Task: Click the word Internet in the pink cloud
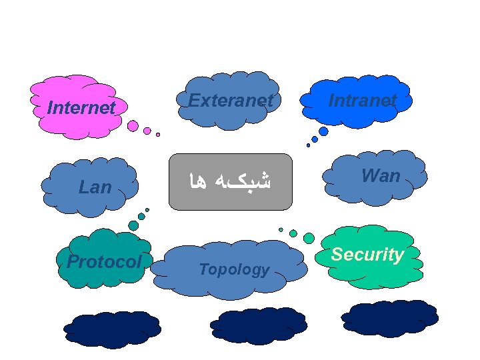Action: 81,107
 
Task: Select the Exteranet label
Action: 231,101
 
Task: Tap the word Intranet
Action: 363,101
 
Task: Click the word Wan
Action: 381,177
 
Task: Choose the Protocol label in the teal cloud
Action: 104,262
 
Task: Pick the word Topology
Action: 234,270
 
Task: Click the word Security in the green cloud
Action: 367,255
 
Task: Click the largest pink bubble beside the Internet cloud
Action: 133,125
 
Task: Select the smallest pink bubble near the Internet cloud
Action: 158,134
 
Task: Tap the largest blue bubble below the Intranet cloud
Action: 323,131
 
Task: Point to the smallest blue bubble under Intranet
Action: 308,145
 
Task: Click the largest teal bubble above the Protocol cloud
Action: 133,225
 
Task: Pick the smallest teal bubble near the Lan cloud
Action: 147,209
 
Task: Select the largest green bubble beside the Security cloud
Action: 309,238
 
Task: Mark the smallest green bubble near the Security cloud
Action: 281,229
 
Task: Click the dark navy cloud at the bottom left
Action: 112,329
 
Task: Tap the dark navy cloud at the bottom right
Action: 389,317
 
